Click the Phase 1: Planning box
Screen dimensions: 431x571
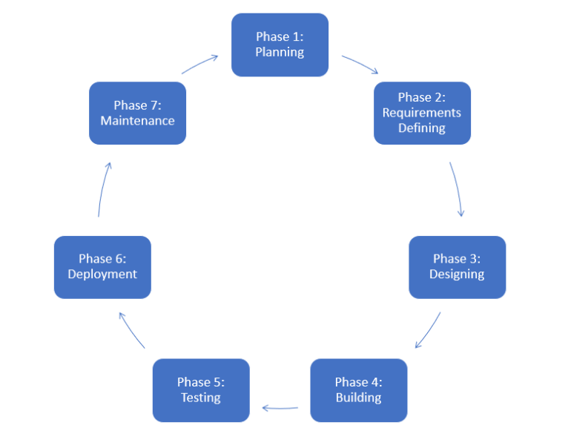tap(280, 45)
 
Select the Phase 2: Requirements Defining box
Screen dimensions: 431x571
tap(422, 113)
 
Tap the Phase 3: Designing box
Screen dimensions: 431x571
tap(457, 266)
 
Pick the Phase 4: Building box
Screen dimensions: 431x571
tap(358, 389)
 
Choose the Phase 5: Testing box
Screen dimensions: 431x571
tap(201, 389)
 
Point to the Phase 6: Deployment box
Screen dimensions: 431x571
tap(102, 266)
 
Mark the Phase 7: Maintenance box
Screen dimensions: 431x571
tap(137, 113)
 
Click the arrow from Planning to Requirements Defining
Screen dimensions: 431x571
tap(360, 64)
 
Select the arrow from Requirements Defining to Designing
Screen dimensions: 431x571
tap(458, 188)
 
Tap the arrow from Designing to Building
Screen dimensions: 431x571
tap(428, 330)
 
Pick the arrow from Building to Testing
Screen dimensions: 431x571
tap(280, 407)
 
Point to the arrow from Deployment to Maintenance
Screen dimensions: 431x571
tap(103, 189)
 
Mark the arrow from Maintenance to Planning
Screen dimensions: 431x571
tap(199, 64)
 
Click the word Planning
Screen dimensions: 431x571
tap(280, 52)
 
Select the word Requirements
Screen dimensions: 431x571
tap(422, 113)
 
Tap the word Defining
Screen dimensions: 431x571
tap(422, 128)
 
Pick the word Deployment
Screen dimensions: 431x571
tap(102, 274)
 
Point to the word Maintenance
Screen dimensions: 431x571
tap(137, 120)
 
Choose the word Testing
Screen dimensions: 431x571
tap(201, 397)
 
